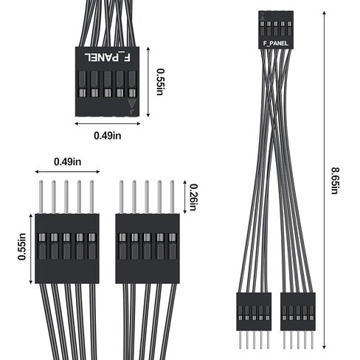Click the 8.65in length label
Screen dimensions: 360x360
pyautogui.click(x=335, y=181)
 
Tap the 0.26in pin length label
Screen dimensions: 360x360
pyautogui.click(x=193, y=198)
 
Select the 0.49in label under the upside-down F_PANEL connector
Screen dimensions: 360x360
pyautogui.click(x=108, y=136)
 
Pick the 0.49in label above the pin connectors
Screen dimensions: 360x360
pyautogui.click(x=67, y=162)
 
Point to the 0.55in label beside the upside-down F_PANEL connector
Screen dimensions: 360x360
pyautogui.click(x=160, y=82)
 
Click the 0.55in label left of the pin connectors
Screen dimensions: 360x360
pyautogui.click(x=21, y=246)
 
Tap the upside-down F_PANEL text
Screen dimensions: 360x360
pyautogui.click(x=108, y=58)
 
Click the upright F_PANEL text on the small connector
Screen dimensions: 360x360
pyautogui.click(x=275, y=44)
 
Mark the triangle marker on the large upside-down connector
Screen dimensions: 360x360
pyautogui.click(x=132, y=103)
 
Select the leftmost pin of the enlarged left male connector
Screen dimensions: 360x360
pyautogui.click(x=41, y=197)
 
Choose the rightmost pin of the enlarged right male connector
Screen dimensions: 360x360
pyautogui.click(x=172, y=197)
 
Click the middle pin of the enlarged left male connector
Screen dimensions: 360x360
pyautogui.click(x=66, y=197)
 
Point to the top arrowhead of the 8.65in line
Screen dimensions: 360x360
pyautogui.click(x=325, y=13)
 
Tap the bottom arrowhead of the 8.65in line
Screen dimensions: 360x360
pyautogui.click(x=325, y=347)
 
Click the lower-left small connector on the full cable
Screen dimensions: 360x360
pyautogui.click(x=254, y=311)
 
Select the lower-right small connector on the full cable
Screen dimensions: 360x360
pyautogui.click(x=298, y=311)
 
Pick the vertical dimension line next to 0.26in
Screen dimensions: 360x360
pyautogui.click(x=185, y=197)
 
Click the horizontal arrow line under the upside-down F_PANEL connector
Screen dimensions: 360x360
pyautogui.click(x=108, y=123)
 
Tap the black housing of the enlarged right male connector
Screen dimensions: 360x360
pyautogui.click(x=148, y=249)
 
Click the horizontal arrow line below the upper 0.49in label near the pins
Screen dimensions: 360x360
pyautogui.click(x=67, y=172)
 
